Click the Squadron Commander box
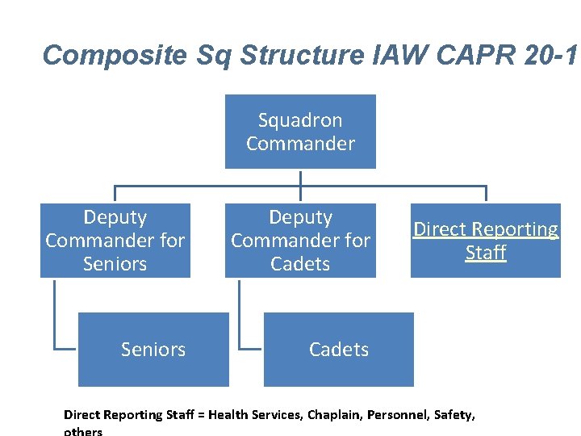tap(300, 132)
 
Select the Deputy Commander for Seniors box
tap(115, 241)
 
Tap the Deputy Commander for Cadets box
tap(300, 241)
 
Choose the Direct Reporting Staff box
tap(486, 241)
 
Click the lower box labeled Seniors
tap(153, 350)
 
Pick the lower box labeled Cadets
tap(339, 350)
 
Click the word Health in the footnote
tap(233, 415)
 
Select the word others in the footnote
tap(83, 431)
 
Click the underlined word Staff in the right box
tap(486, 253)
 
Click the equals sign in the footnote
tap(202, 415)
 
